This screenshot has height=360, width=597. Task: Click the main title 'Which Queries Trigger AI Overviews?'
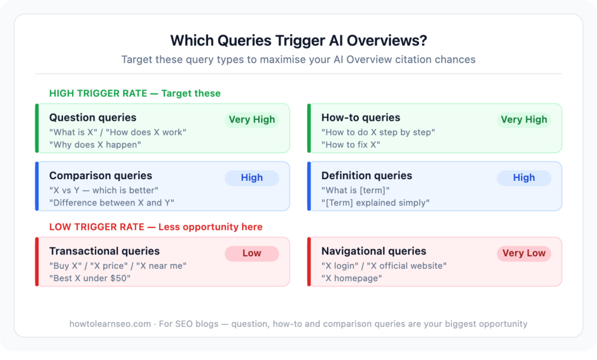coord(298,40)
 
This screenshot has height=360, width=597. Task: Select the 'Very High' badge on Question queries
coord(252,120)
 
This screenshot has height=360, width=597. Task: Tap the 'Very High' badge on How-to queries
coord(524,120)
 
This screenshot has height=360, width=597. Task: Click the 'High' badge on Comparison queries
coord(252,177)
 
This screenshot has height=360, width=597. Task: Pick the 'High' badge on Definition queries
coord(524,177)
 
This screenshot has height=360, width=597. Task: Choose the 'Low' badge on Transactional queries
coord(252,253)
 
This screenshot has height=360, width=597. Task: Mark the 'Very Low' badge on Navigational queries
coord(524,253)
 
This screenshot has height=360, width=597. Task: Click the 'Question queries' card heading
coord(93,118)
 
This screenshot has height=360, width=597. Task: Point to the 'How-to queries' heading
coord(361,118)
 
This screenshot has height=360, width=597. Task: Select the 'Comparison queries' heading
coord(100,176)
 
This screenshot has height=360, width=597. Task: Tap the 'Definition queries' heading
coord(367,176)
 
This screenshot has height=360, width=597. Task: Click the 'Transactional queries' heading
coord(104,251)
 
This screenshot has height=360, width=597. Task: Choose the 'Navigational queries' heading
coord(374,251)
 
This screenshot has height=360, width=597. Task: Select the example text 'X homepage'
coord(352,278)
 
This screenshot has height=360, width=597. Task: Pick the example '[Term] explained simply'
coord(375,202)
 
